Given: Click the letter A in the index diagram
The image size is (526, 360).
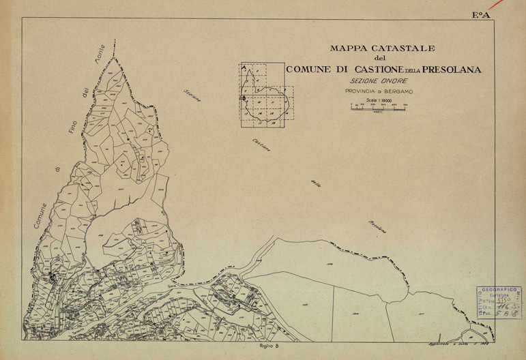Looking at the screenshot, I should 242,67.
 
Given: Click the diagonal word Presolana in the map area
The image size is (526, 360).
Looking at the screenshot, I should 377,228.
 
